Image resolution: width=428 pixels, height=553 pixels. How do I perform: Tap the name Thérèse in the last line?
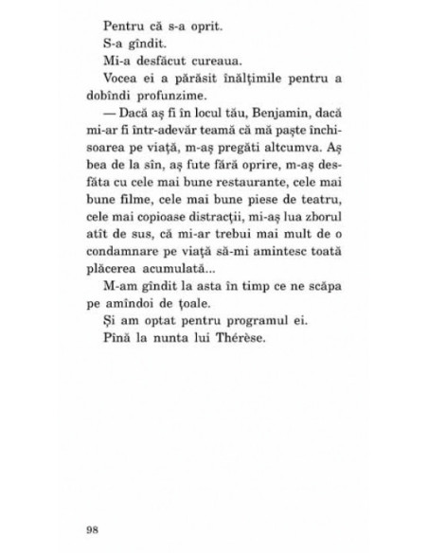[x=225, y=342]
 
